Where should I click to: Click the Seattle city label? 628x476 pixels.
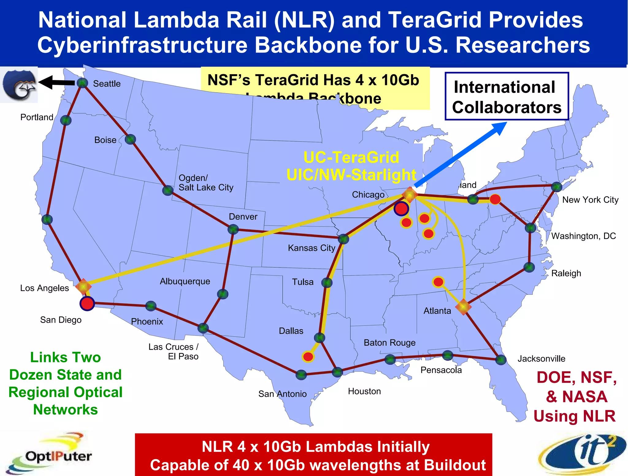[x=107, y=84]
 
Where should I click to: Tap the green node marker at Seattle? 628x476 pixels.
[x=82, y=83]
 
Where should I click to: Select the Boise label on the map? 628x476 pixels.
[x=105, y=140]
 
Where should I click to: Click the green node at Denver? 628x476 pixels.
[x=233, y=229]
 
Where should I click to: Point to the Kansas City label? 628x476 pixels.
[x=312, y=248]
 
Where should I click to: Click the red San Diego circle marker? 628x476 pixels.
[x=87, y=303]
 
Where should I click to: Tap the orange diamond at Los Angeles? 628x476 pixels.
[x=83, y=287]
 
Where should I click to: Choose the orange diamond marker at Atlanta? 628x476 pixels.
[x=463, y=307]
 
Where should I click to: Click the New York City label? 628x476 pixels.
[x=590, y=200]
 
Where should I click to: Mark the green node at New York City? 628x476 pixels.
[x=556, y=186]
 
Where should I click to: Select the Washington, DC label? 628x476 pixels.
[x=584, y=236]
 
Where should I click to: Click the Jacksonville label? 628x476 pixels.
[x=541, y=359]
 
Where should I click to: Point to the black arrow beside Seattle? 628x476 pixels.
[x=57, y=82]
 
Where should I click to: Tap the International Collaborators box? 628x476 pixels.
[x=507, y=96]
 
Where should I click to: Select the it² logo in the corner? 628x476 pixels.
[x=583, y=454]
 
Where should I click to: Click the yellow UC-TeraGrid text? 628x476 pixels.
[x=351, y=158]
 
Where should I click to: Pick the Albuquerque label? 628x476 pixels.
[x=185, y=281]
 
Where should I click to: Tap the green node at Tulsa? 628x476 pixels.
[x=327, y=282]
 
